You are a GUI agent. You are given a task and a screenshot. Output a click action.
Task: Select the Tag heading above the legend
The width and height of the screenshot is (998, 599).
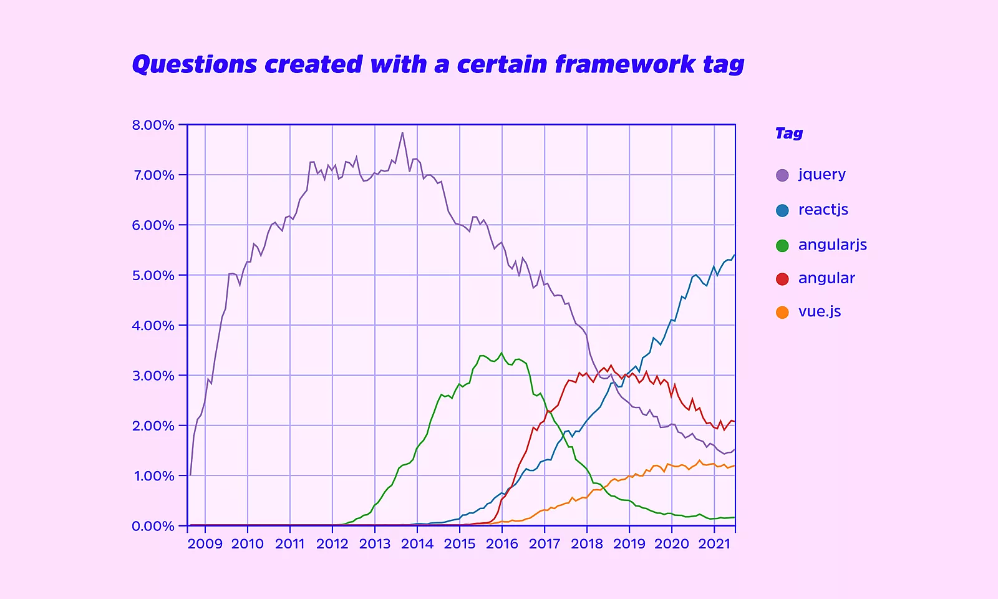(x=789, y=134)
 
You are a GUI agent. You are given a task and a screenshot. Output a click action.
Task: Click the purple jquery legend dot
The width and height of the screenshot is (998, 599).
(x=782, y=175)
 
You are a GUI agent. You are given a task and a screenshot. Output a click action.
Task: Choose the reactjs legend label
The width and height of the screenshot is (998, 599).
(x=823, y=210)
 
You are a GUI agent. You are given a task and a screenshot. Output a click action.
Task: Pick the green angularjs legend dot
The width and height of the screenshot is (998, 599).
(x=782, y=246)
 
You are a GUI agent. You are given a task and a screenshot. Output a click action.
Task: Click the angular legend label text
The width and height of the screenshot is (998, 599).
(x=826, y=278)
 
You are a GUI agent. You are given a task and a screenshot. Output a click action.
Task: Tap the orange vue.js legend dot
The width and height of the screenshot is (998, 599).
(x=782, y=313)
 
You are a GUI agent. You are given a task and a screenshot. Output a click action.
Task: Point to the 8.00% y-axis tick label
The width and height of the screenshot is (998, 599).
(x=153, y=125)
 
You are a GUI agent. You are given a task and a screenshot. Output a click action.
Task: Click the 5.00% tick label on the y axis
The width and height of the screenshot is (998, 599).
(x=153, y=276)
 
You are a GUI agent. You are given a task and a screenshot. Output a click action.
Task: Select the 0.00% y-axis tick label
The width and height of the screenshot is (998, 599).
(x=153, y=527)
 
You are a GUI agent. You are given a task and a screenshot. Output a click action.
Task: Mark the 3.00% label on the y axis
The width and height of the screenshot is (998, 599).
(x=153, y=376)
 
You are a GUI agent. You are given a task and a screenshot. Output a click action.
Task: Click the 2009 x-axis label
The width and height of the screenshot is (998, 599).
(x=205, y=544)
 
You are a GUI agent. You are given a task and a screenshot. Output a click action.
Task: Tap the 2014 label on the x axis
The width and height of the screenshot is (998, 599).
(x=417, y=544)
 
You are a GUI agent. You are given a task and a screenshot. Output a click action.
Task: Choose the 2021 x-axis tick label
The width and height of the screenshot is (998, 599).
(x=714, y=544)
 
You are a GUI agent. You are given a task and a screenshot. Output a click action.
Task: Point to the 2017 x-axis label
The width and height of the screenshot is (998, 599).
(x=545, y=544)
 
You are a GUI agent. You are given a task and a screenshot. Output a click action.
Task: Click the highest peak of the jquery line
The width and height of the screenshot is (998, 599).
(x=402, y=132)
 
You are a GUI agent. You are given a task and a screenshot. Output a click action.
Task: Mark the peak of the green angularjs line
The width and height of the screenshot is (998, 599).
(x=501, y=353)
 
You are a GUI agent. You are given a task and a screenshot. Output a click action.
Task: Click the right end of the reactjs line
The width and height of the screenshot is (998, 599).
(x=735, y=255)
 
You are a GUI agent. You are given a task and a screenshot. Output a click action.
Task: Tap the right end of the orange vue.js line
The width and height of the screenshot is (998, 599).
(x=735, y=465)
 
